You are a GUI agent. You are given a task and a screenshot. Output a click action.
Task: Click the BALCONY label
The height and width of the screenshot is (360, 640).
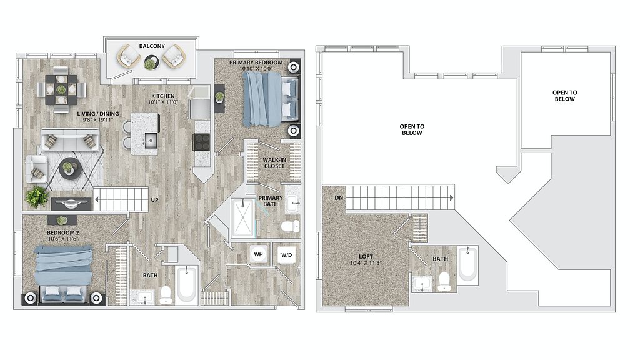[x=152, y=46]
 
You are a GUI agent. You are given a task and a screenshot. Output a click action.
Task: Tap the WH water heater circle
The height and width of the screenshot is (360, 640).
[x=258, y=255]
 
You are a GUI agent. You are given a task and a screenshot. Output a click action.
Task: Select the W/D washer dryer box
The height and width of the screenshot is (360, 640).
[x=286, y=255]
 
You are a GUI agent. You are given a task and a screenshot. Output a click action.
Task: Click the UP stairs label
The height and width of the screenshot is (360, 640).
[x=155, y=200]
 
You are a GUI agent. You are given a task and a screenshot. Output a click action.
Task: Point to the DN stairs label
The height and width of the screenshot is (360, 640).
[x=339, y=198]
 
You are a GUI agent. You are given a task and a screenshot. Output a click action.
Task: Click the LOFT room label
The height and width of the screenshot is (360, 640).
[x=366, y=257]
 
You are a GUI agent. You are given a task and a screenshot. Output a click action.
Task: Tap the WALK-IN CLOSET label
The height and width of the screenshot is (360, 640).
[x=274, y=163]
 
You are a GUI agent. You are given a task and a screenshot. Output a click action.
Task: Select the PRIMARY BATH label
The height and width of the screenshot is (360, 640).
[x=270, y=201]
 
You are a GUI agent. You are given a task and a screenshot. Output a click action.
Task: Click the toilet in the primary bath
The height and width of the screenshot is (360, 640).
[x=290, y=226]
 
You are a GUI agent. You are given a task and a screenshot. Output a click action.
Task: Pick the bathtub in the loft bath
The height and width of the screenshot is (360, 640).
[x=467, y=264]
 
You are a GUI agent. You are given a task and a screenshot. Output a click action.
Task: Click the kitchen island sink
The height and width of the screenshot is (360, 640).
[x=150, y=141]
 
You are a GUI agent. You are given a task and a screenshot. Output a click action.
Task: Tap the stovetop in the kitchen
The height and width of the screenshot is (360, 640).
[x=202, y=142]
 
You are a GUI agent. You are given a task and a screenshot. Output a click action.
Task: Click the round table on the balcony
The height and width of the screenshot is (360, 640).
[x=151, y=62]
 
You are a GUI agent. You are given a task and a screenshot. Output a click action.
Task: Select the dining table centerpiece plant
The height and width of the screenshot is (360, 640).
[x=61, y=89]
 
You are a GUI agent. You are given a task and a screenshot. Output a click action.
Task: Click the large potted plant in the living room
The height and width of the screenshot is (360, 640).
[x=37, y=197]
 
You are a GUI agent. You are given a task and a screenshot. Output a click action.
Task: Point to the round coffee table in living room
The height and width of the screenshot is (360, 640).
[x=67, y=169]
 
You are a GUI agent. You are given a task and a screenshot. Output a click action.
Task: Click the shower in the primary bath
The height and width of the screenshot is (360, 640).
[x=242, y=217]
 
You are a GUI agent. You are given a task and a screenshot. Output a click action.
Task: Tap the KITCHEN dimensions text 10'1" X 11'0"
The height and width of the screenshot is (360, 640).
[x=163, y=102]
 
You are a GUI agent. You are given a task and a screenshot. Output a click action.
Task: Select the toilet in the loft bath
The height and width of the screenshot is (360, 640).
[x=444, y=282]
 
